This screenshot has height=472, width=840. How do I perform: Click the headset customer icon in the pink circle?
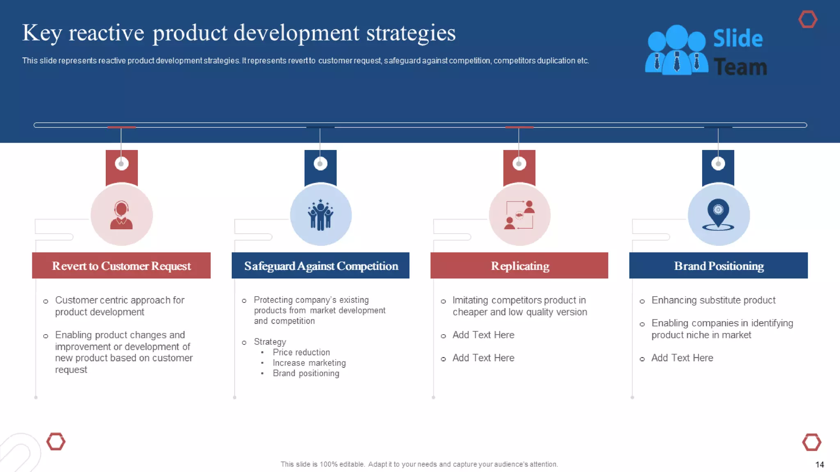click(121, 215)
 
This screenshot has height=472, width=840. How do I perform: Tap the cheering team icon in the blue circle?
click(320, 215)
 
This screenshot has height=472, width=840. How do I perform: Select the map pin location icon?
click(718, 214)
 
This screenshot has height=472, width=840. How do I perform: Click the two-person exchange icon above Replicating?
click(519, 215)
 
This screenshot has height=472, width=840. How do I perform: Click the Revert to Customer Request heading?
click(121, 266)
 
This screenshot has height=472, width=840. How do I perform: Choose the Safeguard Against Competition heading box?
click(320, 266)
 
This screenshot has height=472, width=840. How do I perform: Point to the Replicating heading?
click(520, 266)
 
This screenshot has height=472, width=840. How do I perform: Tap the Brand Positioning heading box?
click(719, 266)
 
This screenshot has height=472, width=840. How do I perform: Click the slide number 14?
click(819, 465)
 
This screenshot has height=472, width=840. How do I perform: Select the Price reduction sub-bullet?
click(301, 352)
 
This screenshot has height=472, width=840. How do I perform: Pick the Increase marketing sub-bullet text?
click(309, 363)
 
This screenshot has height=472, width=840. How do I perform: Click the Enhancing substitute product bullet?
click(713, 300)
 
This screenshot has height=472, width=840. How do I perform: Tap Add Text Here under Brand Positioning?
click(682, 358)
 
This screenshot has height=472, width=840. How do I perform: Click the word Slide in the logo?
click(738, 39)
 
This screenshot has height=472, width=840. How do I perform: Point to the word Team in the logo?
click(740, 67)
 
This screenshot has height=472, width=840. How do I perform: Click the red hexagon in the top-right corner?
click(808, 19)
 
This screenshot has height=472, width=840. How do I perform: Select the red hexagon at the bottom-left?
click(56, 442)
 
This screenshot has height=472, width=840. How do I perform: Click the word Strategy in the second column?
click(270, 342)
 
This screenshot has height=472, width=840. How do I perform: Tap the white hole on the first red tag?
click(121, 163)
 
